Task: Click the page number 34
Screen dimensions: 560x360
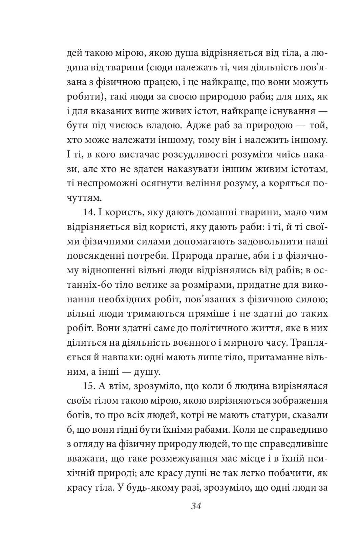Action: [196, 507]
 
